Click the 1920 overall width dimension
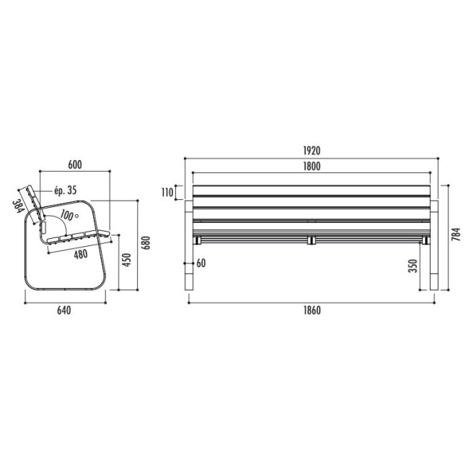312,151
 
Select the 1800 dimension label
312,166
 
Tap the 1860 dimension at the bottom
312,310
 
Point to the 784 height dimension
456,234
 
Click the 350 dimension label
413,266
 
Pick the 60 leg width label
201,263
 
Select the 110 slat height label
167,193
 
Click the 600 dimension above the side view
75,165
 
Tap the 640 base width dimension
64,310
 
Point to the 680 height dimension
146,242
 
